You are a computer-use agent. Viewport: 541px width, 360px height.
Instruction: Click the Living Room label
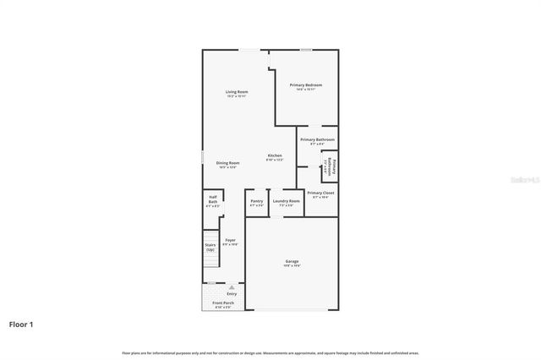[236, 91]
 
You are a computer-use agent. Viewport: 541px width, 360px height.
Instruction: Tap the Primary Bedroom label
[306, 85]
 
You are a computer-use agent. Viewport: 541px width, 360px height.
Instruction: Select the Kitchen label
[275, 155]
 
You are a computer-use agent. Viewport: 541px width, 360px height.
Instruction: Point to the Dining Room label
[227, 162]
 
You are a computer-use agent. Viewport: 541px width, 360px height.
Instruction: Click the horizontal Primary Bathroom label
[317, 139]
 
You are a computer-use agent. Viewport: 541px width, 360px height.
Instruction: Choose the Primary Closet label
[320, 194]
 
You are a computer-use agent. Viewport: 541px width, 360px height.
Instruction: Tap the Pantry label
[256, 201]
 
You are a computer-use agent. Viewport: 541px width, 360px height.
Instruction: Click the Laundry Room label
[286, 201]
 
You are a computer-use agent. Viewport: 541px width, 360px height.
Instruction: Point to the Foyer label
[230, 240]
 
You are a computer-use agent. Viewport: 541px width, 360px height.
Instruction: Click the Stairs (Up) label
[210, 247]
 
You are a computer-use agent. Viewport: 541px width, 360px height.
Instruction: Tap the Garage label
[292, 262]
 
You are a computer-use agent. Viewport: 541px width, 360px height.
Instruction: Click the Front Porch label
[223, 303]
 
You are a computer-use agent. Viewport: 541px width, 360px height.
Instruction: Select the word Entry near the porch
[231, 294]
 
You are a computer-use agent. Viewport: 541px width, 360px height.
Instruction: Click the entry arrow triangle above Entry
[231, 287]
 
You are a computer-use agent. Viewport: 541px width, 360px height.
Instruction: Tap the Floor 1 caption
[21, 324]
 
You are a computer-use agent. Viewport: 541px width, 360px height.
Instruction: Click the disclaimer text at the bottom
[270, 352]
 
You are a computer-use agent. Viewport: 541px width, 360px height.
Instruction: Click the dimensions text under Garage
[292, 266]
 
